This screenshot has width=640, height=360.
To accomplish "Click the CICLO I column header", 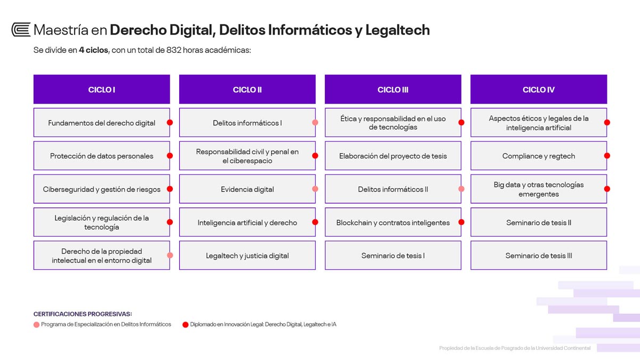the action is [x=102, y=89].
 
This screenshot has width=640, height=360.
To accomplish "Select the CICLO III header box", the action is [x=393, y=89].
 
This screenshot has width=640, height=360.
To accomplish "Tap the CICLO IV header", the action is [x=539, y=89].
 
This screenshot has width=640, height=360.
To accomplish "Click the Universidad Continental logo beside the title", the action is [x=21, y=30].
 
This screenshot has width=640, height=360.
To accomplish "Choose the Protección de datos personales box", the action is [x=102, y=156].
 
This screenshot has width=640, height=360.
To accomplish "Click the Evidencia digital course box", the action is [x=247, y=189].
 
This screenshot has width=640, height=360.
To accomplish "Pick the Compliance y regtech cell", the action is [x=539, y=156].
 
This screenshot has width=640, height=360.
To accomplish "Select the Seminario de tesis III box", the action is [x=539, y=255].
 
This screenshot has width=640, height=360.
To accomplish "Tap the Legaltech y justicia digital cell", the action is [x=247, y=255].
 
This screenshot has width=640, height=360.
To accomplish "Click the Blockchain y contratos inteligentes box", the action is [x=393, y=222].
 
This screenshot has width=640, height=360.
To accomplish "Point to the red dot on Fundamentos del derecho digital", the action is [x=170, y=123].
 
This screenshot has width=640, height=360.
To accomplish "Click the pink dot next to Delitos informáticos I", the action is [x=315, y=123].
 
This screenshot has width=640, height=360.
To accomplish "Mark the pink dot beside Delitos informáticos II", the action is [x=461, y=189].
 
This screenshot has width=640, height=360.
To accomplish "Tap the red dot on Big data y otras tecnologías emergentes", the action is [x=607, y=189].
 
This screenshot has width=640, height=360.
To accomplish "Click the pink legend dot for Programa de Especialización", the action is [x=36, y=325].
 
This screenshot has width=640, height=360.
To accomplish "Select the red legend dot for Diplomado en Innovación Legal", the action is [x=186, y=325].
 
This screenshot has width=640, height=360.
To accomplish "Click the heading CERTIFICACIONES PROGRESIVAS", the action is [x=83, y=314].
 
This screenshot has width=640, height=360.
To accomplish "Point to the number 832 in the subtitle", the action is [x=174, y=50].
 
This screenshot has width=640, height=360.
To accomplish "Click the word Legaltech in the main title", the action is [x=397, y=30].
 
